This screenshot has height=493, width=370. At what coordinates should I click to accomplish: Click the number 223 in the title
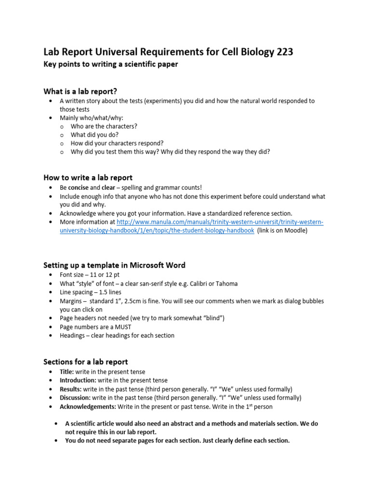281,52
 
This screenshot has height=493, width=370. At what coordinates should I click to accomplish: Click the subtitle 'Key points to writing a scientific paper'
111,65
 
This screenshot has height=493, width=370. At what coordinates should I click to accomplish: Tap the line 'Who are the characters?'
104,126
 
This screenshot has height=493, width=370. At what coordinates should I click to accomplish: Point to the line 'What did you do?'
94,135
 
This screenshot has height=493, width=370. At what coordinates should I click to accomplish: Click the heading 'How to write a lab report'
88,178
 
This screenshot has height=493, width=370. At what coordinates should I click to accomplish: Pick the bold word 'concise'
79,187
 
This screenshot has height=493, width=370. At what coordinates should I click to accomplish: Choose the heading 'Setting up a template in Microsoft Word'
114,265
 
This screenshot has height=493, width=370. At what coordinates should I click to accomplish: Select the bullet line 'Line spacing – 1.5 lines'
90,292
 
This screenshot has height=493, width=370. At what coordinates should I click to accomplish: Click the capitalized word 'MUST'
122,327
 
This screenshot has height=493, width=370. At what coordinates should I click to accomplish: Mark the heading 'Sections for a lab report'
86,362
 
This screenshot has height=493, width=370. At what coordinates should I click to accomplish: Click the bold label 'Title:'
67,372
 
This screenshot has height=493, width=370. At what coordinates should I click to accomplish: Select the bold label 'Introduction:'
78,380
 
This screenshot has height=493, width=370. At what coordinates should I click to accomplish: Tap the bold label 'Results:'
71,389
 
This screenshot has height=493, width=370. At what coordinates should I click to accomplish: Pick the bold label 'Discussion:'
75,398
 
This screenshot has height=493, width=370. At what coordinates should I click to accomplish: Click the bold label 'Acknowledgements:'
88,406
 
